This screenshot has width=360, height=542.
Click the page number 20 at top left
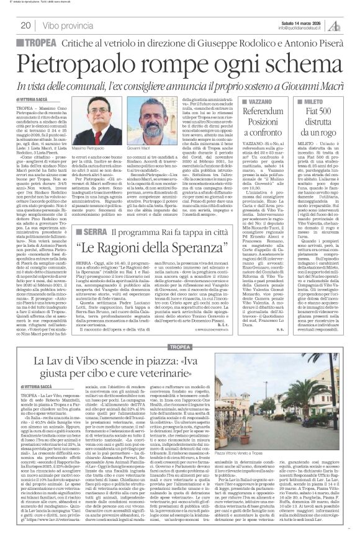point(26,25)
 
